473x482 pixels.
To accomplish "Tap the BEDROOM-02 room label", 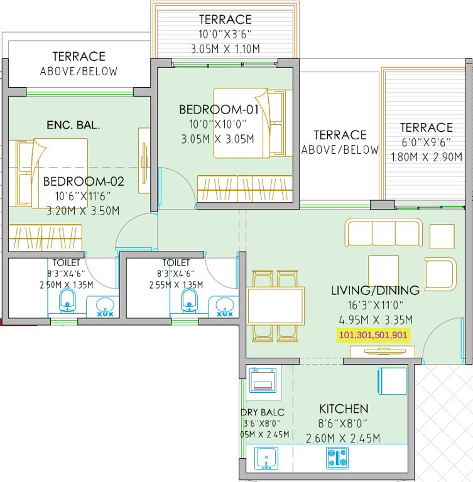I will pyautogui.click(x=84, y=183).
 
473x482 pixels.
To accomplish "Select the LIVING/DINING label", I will pyautogui.click(x=375, y=290).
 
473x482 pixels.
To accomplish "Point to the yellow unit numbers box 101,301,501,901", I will pyautogui.click(x=373, y=335).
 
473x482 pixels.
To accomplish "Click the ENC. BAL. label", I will pyautogui.click(x=73, y=125).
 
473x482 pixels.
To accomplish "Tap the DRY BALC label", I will pyautogui.click(x=262, y=412).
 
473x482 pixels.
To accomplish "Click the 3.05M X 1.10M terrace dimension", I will pyautogui.click(x=226, y=48).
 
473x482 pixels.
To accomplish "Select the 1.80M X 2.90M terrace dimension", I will pyautogui.click(x=427, y=156).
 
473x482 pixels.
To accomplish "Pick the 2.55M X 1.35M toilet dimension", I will pyautogui.click(x=176, y=284).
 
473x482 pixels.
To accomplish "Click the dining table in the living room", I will pyautogui.click(x=276, y=306).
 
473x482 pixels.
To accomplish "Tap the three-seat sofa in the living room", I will pyautogui.click(x=383, y=233).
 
